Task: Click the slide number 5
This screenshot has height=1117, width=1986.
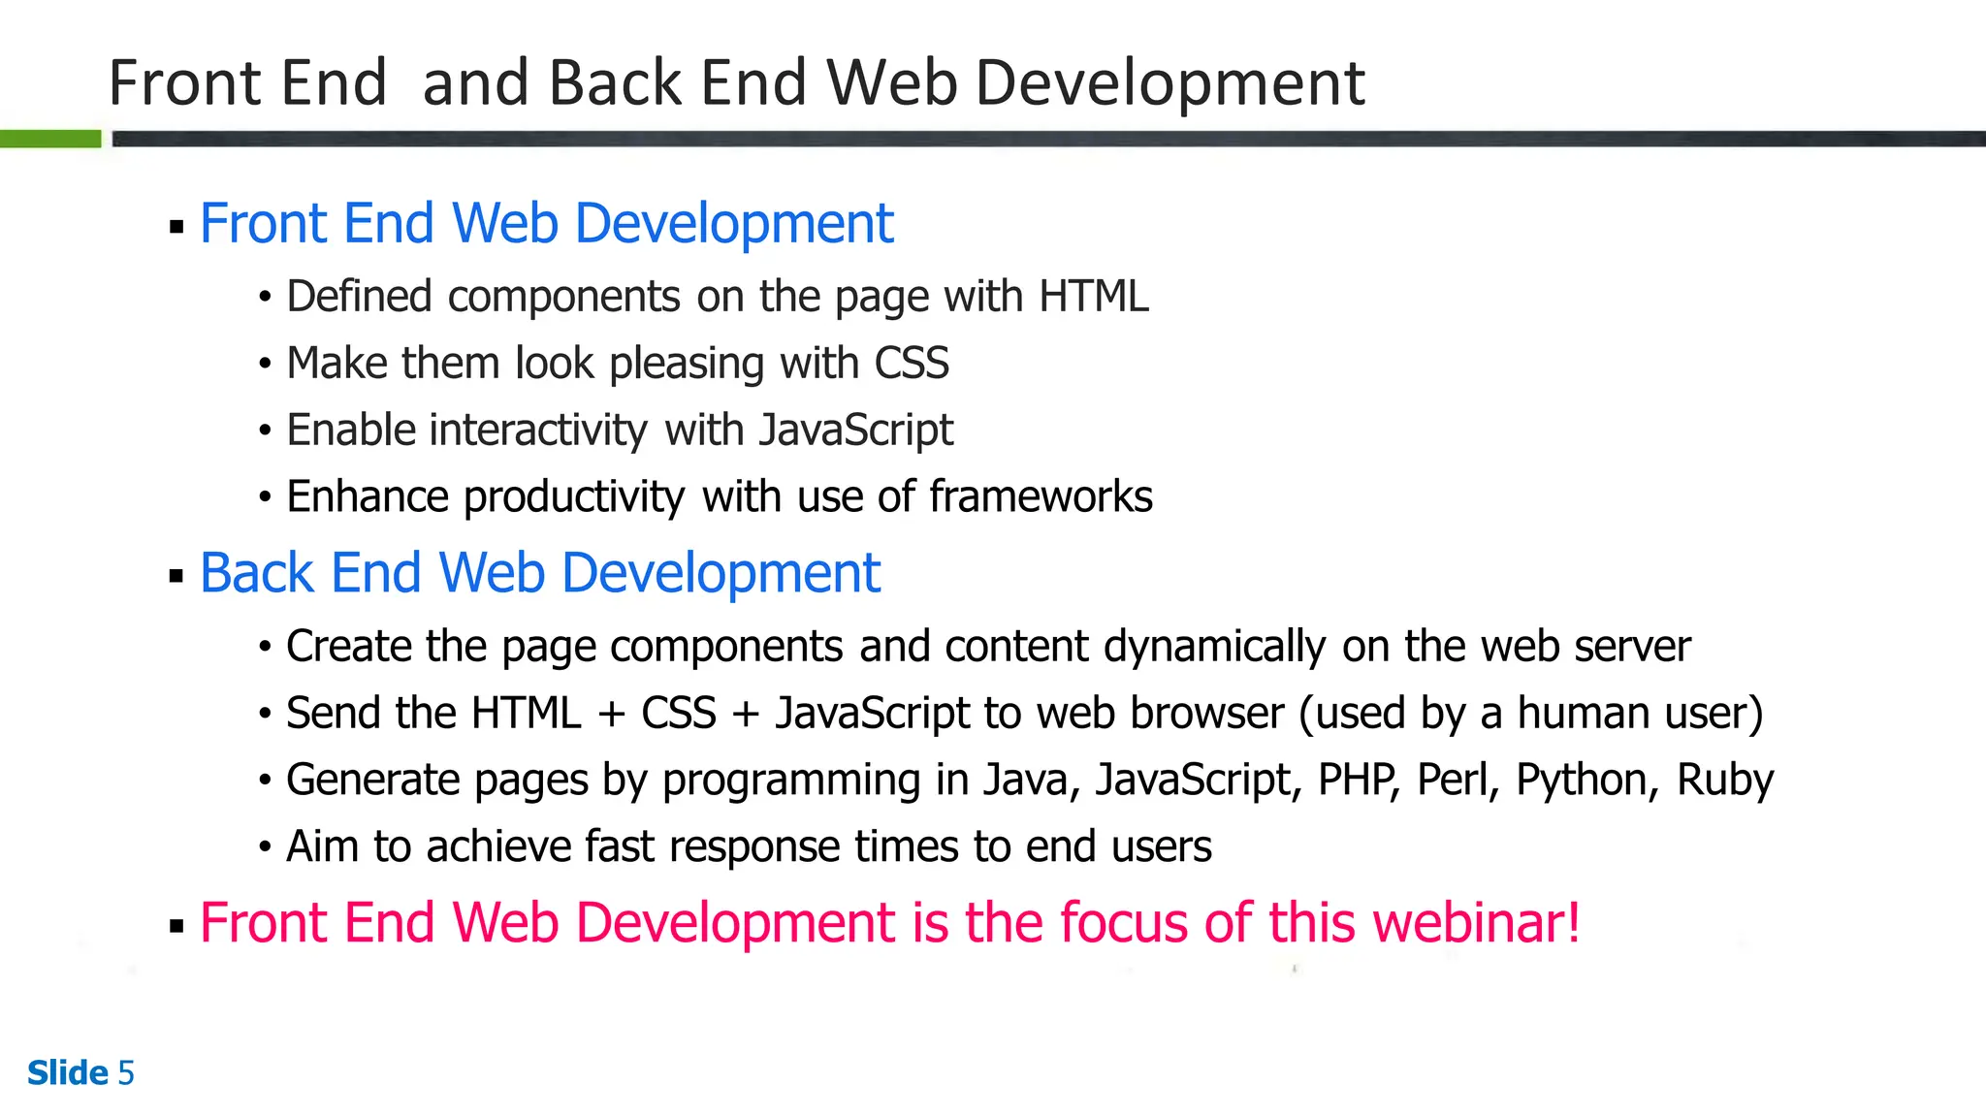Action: (126, 1073)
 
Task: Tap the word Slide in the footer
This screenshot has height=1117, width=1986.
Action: (68, 1073)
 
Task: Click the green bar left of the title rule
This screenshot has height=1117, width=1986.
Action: (50, 139)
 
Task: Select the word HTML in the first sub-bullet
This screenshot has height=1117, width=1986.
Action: (1093, 297)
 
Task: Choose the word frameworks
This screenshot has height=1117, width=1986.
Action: (1041, 496)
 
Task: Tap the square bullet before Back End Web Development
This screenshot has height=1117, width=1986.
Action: (176, 576)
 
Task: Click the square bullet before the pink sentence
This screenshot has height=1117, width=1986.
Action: (176, 926)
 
